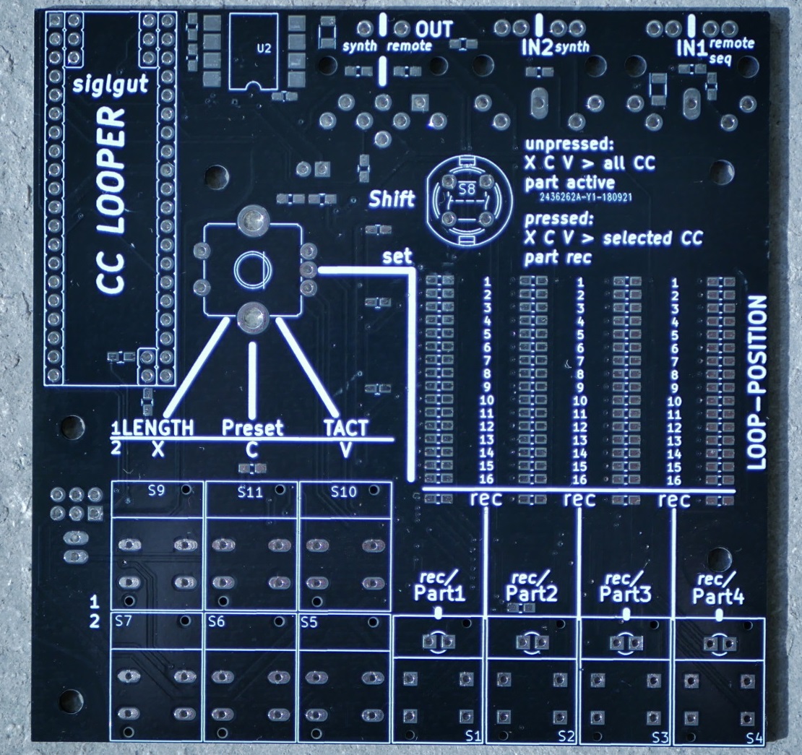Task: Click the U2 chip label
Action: click(264, 49)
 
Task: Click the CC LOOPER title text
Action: click(113, 202)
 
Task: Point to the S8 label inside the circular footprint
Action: click(467, 190)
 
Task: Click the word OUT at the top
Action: click(434, 30)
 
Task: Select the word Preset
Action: click(252, 428)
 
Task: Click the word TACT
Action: click(345, 428)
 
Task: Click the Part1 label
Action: click(439, 595)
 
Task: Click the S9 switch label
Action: click(157, 490)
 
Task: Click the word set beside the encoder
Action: click(397, 256)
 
